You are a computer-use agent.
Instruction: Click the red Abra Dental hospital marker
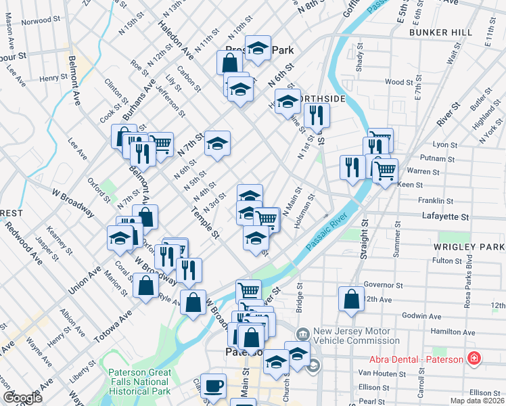click(474, 358)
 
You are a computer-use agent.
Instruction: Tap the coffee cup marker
click(214, 386)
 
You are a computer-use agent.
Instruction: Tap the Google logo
click(22, 398)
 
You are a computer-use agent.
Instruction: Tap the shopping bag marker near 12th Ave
click(351, 299)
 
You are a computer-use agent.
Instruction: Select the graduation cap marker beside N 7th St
click(217, 143)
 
